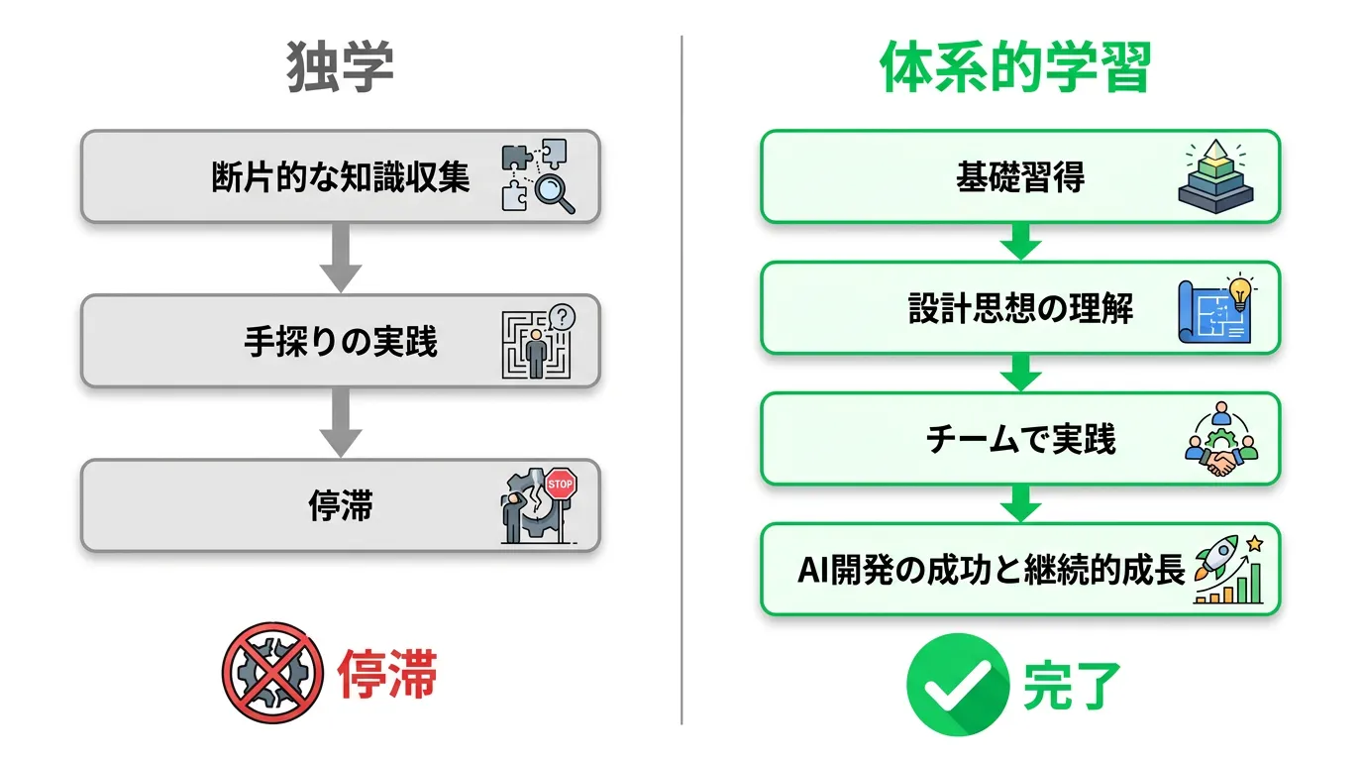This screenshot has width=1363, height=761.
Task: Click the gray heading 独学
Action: (x=340, y=67)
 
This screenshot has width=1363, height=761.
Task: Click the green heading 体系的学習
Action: (x=1015, y=67)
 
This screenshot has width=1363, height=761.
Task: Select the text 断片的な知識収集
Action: (x=341, y=177)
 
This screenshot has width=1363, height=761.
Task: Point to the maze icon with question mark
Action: (x=538, y=342)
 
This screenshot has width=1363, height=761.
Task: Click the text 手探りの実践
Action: (x=341, y=342)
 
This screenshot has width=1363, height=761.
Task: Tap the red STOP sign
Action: (x=560, y=484)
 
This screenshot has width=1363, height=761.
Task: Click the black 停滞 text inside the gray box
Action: (x=341, y=506)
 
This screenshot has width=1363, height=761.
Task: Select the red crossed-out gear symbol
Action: (x=272, y=673)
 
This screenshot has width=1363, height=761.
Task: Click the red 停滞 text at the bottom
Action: (x=387, y=673)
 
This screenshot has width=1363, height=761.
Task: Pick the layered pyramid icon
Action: (x=1215, y=176)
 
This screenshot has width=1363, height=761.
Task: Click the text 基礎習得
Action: (x=1020, y=177)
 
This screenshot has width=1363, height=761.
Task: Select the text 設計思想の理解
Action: (x=1020, y=308)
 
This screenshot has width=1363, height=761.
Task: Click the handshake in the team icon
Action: (x=1221, y=463)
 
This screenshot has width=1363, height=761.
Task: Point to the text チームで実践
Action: (x=1020, y=439)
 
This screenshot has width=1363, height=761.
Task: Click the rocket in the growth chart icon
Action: (x=1215, y=557)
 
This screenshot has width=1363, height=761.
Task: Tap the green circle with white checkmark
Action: (x=958, y=685)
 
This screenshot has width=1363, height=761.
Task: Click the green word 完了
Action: (x=1072, y=686)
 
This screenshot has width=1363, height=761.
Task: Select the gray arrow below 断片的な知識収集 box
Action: (x=341, y=258)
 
